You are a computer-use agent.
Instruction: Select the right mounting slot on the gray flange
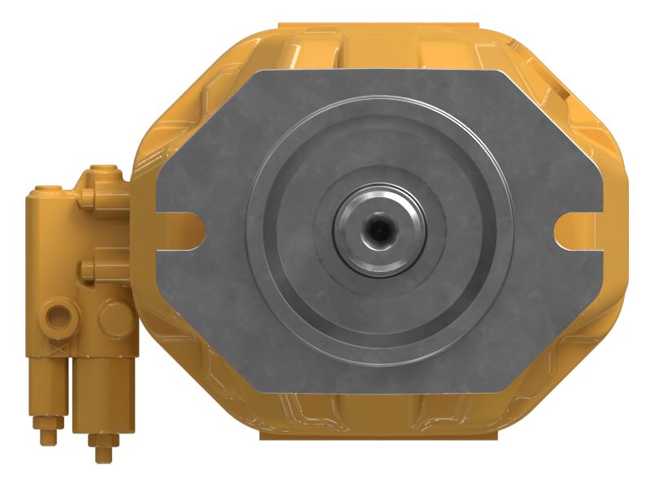573,230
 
